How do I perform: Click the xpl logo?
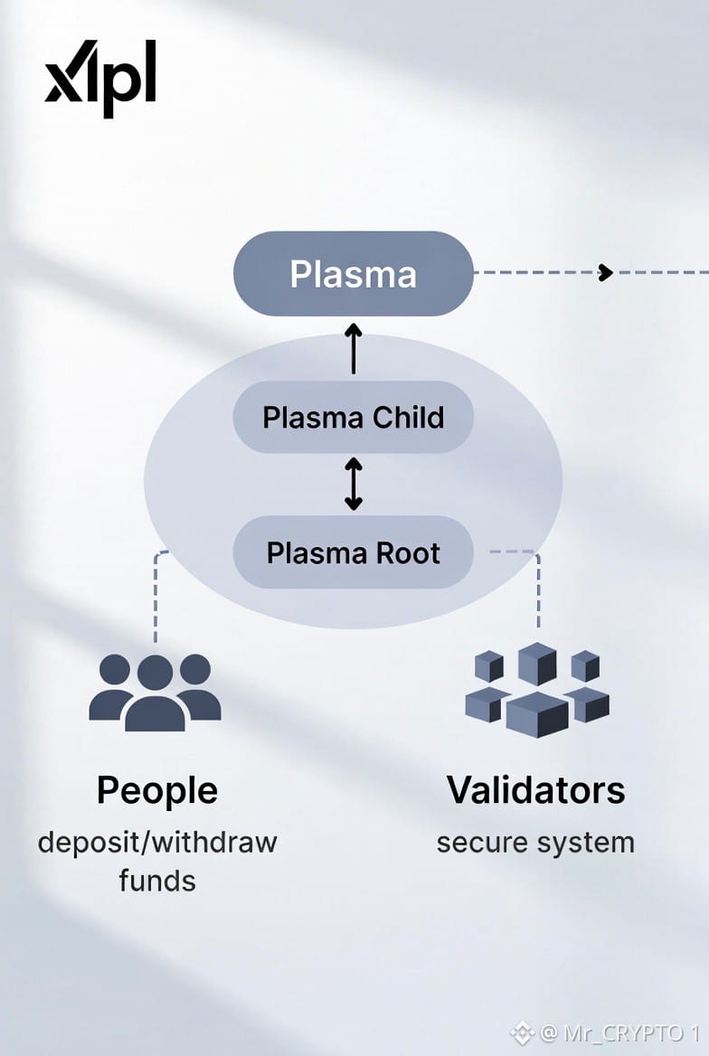[x=100, y=79]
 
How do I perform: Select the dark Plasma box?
[x=353, y=274]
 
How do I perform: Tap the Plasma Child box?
[x=353, y=418]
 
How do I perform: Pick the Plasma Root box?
[x=353, y=552]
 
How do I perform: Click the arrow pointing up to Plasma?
[x=353, y=351]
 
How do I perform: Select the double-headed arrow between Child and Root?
[x=353, y=485]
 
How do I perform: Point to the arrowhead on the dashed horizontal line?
[x=606, y=273]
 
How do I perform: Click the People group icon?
[x=155, y=692]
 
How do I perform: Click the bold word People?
[x=157, y=791]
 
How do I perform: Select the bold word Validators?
[x=535, y=790]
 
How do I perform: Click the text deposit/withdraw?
[x=157, y=843]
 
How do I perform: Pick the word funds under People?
[x=157, y=880]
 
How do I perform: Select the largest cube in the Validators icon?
[x=537, y=714]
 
